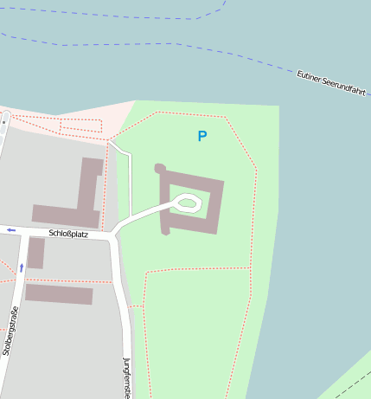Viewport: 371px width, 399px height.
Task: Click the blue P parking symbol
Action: tap(201, 136)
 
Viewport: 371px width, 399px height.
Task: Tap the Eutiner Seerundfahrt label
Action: tap(332, 83)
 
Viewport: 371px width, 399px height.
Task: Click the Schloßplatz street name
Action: tap(68, 234)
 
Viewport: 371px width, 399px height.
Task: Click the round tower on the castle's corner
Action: tap(159, 168)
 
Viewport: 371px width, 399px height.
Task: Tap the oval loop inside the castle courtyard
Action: tap(187, 203)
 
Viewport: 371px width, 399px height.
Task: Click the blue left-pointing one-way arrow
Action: tap(10, 229)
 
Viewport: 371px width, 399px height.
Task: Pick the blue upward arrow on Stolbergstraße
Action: tap(22, 267)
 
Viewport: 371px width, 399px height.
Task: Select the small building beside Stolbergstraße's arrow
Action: tap(35, 253)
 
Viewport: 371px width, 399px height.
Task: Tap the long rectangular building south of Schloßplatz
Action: tap(58, 294)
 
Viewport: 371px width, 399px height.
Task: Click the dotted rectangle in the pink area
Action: tap(81, 126)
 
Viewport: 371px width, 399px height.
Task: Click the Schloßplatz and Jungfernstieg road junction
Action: tap(116, 235)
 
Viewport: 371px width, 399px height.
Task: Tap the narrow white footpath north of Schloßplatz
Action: tap(129, 182)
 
